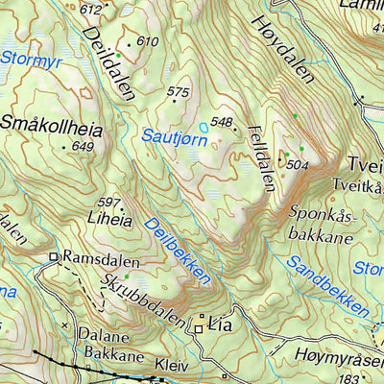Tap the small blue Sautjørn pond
click(203, 127)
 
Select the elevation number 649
click(83, 146)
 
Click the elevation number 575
click(179, 92)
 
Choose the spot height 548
click(223, 122)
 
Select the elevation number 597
click(109, 203)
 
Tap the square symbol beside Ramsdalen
click(55, 257)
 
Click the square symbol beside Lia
click(199, 328)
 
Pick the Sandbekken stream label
click(327, 285)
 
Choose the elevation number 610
click(147, 41)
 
